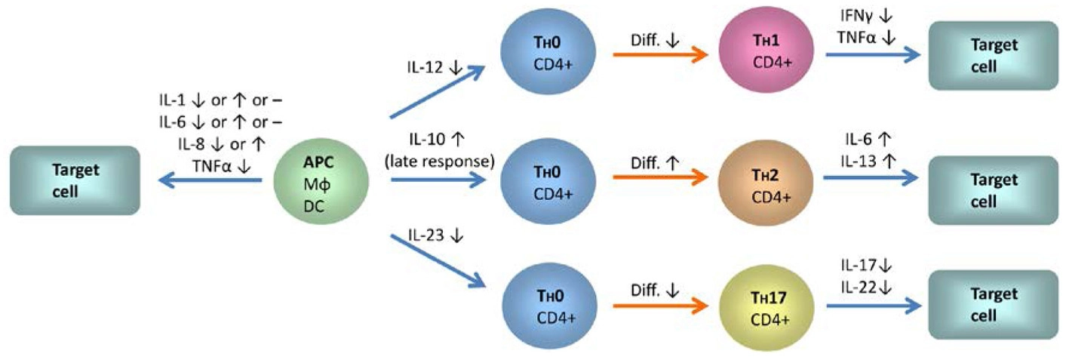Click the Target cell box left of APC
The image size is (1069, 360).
pos(75,180)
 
